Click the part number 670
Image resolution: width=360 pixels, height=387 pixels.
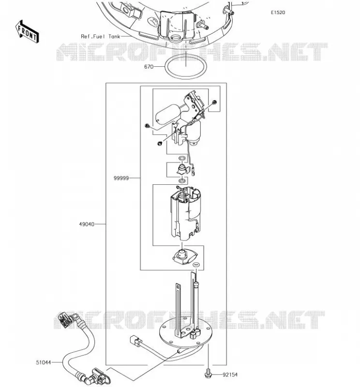tap(149, 67)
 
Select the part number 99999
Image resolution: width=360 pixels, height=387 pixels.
tap(121, 178)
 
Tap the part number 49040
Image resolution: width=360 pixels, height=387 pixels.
tap(87, 224)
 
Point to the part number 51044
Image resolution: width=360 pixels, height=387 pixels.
tap(44, 362)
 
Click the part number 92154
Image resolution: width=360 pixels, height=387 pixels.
tap(230, 374)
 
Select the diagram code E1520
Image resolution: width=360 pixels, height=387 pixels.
tap(278, 13)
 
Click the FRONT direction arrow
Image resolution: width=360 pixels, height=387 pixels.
tap(27, 31)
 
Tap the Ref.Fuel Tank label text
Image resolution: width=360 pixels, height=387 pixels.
tap(101, 36)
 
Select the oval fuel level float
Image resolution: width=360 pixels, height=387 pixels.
tap(168, 114)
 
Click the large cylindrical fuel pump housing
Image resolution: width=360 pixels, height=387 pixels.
tap(186, 213)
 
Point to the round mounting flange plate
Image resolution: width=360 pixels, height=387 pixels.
tap(186, 333)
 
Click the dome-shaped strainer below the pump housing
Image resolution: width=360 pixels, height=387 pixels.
tap(185, 256)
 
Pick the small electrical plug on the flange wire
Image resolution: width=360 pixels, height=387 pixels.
tap(136, 341)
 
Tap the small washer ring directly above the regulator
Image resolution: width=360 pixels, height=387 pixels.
tap(182, 158)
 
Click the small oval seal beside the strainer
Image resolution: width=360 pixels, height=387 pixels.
tap(196, 265)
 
